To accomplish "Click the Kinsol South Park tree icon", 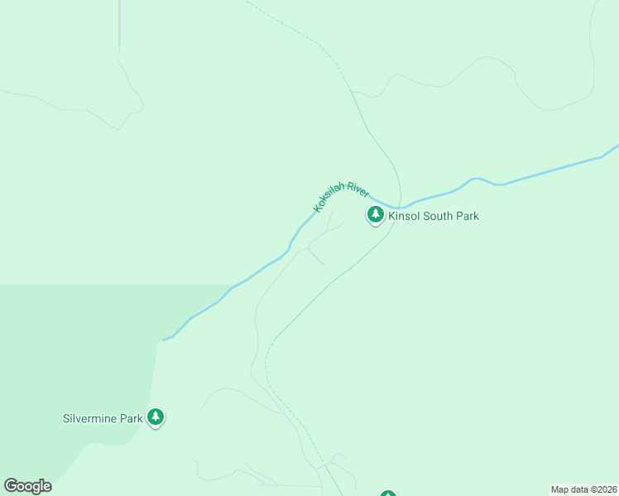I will click(376, 216).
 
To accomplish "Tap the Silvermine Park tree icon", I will click(156, 417).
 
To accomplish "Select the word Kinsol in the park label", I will click(405, 217).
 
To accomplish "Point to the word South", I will click(440, 217).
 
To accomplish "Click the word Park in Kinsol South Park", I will click(468, 217).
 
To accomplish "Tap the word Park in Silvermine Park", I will click(132, 418).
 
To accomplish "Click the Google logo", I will click(27, 486).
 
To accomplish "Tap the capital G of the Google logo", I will click(10, 486).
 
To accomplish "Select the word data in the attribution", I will click(579, 489).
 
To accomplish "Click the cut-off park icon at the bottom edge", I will click(388, 494).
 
